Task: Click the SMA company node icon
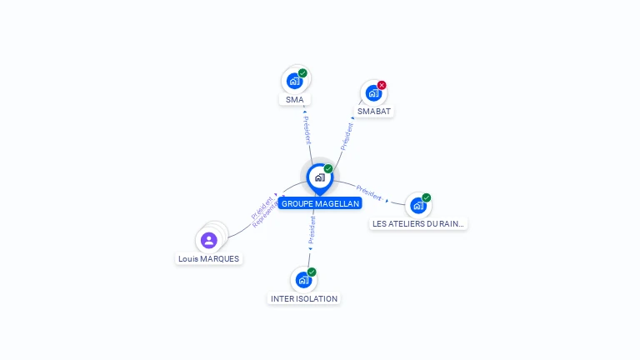point(294,82)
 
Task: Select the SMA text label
point(294,100)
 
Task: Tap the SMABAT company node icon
point(372,93)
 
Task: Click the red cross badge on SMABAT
point(382,85)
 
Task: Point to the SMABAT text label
point(373,112)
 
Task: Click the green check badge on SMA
point(302,73)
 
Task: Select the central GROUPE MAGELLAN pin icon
point(319,177)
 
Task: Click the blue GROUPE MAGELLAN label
point(320,203)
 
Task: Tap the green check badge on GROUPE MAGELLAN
point(328,169)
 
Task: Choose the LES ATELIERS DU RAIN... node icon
point(417,206)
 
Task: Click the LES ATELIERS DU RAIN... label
point(418,224)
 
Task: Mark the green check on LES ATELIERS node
point(426,198)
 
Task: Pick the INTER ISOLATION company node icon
point(303,280)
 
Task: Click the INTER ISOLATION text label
point(304,298)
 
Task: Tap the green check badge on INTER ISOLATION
point(312,272)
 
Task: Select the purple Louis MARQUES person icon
point(209,241)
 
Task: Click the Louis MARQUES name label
point(208,259)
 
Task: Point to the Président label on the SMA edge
point(307,131)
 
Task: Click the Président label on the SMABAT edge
point(347,136)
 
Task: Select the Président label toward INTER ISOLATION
point(311,231)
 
